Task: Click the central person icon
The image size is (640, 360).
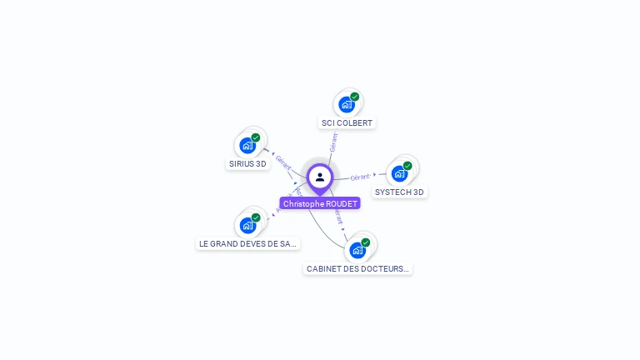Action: (320, 177)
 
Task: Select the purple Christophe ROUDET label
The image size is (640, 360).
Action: (320, 203)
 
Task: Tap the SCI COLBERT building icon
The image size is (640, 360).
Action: (346, 105)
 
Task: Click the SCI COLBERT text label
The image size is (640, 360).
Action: (347, 123)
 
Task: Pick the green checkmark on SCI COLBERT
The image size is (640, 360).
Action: (355, 97)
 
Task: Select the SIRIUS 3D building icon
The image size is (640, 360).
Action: (247, 146)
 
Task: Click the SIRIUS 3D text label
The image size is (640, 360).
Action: (247, 164)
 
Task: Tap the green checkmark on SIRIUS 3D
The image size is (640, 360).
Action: (256, 137)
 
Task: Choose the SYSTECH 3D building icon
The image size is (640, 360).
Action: (399, 173)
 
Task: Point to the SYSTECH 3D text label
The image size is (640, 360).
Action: (399, 192)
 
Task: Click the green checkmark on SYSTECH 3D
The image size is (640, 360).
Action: (407, 165)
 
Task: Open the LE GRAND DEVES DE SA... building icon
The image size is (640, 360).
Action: (247, 225)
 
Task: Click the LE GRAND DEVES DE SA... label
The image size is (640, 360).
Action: (247, 243)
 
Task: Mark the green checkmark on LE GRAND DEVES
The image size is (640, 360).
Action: (256, 217)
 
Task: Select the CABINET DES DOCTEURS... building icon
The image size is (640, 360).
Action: (357, 250)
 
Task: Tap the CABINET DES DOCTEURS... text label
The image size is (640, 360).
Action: (357, 268)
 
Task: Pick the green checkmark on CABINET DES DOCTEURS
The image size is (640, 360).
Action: (366, 242)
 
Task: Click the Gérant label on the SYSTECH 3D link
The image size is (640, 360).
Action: (360, 177)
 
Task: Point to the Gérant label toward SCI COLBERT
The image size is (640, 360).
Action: (334, 142)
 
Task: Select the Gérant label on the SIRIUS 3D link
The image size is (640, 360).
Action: (283, 162)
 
